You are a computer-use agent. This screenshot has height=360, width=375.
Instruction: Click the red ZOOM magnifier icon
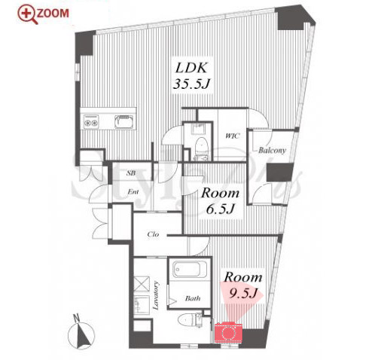(28, 14)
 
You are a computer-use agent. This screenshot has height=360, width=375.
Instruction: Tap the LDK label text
(191, 68)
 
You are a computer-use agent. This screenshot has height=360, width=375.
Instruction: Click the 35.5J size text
(191, 84)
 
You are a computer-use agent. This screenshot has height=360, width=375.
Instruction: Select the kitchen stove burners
(91, 121)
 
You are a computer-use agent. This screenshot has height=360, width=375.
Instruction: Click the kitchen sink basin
(123, 121)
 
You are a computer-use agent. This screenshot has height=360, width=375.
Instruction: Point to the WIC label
(232, 136)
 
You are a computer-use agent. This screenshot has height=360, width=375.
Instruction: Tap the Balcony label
(272, 151)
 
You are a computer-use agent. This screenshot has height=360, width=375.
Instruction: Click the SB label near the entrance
(131, 173)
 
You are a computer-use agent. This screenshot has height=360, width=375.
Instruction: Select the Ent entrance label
(133, 192)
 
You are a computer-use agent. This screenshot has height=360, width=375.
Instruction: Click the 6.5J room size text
(221, 209)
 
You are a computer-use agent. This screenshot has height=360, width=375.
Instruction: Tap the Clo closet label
(153, 234)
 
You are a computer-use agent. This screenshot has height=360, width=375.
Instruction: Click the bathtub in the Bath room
(191, 269)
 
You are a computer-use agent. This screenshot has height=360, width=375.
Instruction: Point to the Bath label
(193, 298)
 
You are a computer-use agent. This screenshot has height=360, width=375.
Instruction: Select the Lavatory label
(156, 296)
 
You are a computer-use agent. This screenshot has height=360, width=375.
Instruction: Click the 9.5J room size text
(243, 293)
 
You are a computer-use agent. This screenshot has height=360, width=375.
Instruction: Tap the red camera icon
(228, 332)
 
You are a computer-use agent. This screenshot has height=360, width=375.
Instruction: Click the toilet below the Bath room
(189, 320)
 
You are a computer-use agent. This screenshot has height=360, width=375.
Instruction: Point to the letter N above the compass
(77, 318)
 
